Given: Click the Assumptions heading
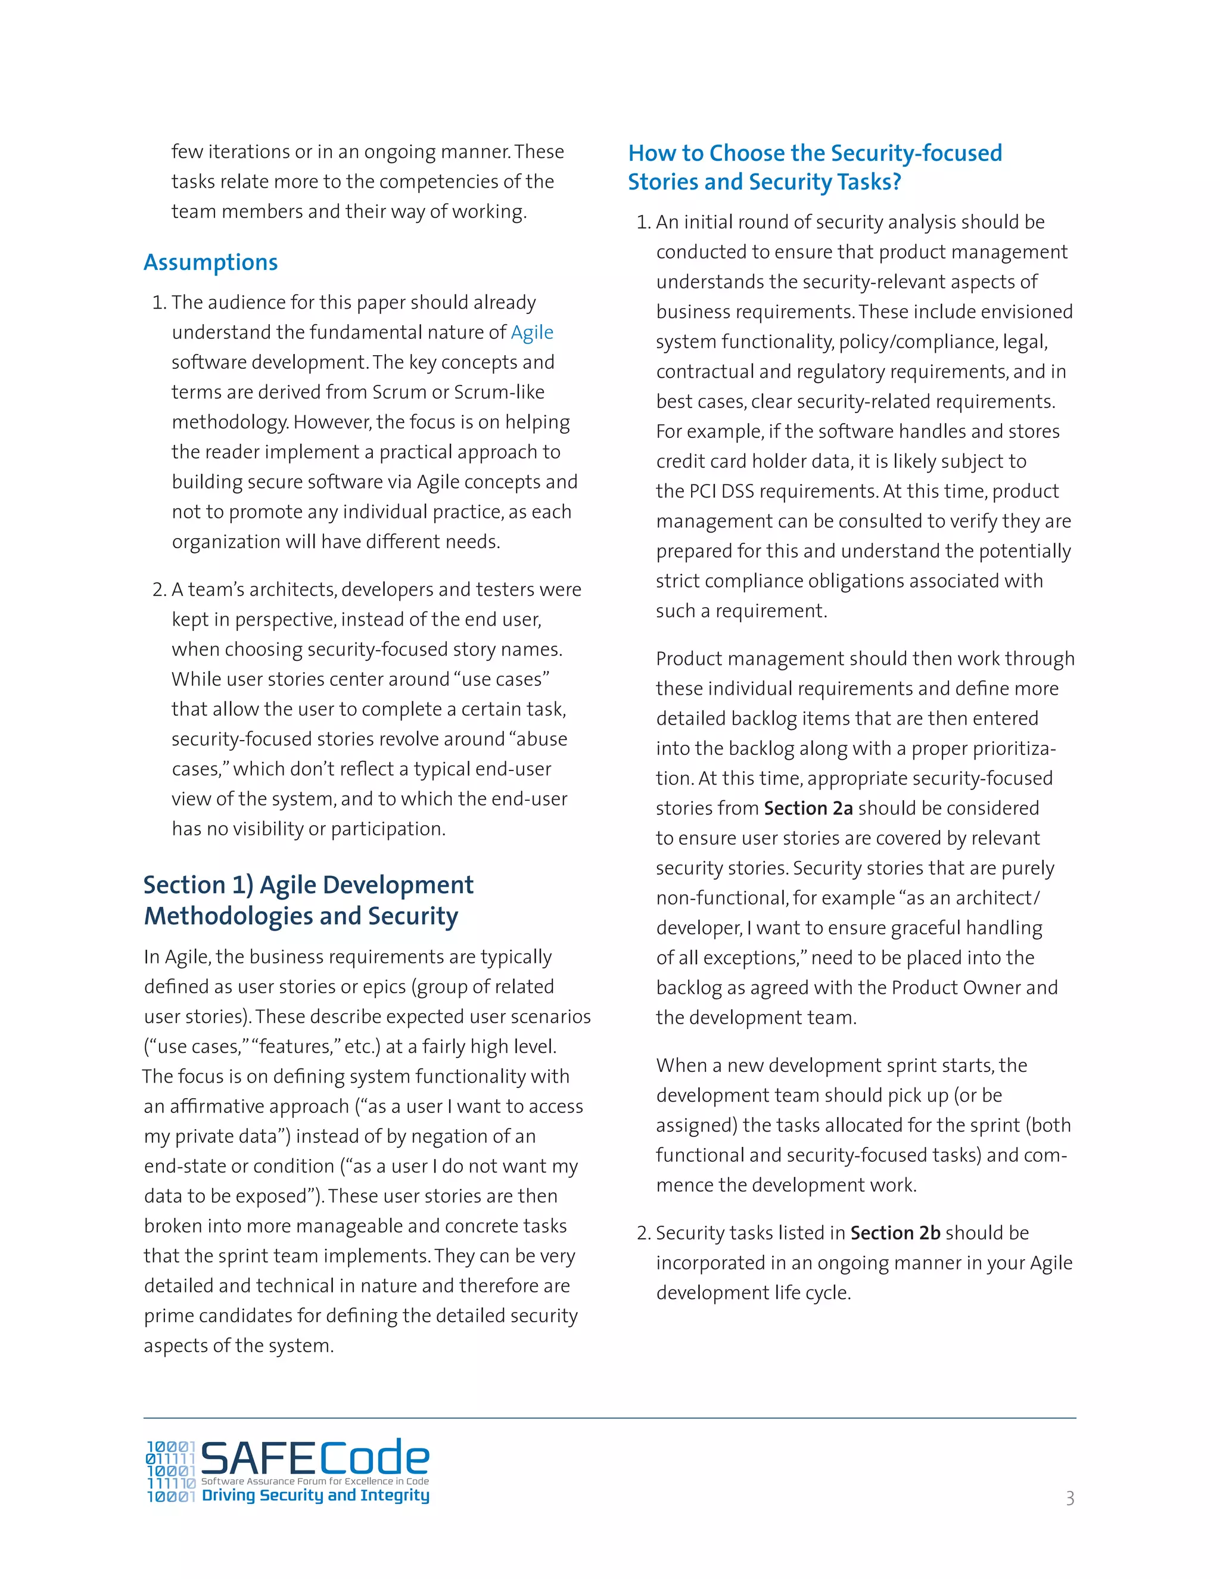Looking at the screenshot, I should pos(210,262).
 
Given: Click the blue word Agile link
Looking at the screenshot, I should pos(532,332).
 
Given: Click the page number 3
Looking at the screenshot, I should pos(1070,1498).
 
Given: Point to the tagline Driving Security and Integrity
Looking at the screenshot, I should pos(315,1495).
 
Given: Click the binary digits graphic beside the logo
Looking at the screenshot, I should pos(170,1472).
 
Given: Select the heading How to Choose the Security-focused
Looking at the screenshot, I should pos(814,153).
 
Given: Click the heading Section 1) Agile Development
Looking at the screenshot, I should pos(308,884).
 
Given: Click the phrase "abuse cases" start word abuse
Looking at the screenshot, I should pos(542,739).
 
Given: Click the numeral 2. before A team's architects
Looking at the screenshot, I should pos(159,590).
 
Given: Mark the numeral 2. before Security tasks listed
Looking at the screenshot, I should pos(644,1233).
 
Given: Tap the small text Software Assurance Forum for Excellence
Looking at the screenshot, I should pos(315,1481).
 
